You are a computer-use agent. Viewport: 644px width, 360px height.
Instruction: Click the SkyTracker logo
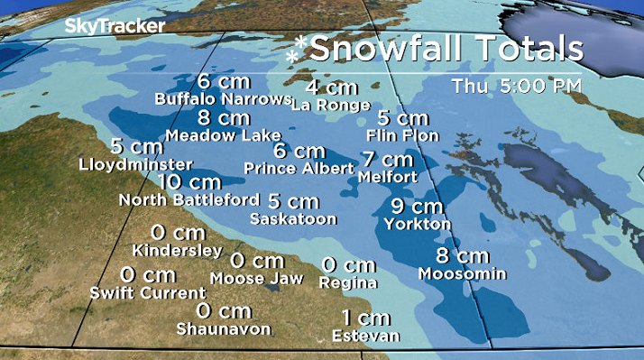click(x=115, y=26)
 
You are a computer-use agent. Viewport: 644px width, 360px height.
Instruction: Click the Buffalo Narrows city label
click(x=222, y=98)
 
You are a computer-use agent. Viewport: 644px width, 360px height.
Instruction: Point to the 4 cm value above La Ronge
click(x=331, y=88)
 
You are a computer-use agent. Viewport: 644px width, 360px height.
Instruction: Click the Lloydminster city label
click(x=136, y=164)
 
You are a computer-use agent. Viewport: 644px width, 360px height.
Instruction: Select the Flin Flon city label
click(x=402, y=135)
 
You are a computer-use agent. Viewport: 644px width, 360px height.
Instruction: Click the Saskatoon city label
click(x=293, y=218)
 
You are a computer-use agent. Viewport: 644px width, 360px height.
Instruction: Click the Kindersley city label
click(x=177, y=250)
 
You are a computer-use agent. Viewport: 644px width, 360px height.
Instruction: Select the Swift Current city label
click(x=148, y=293)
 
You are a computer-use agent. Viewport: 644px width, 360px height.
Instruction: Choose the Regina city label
click(x=349, y=282)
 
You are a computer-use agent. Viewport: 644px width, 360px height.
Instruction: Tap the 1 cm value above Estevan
click(x=366, y=318)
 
